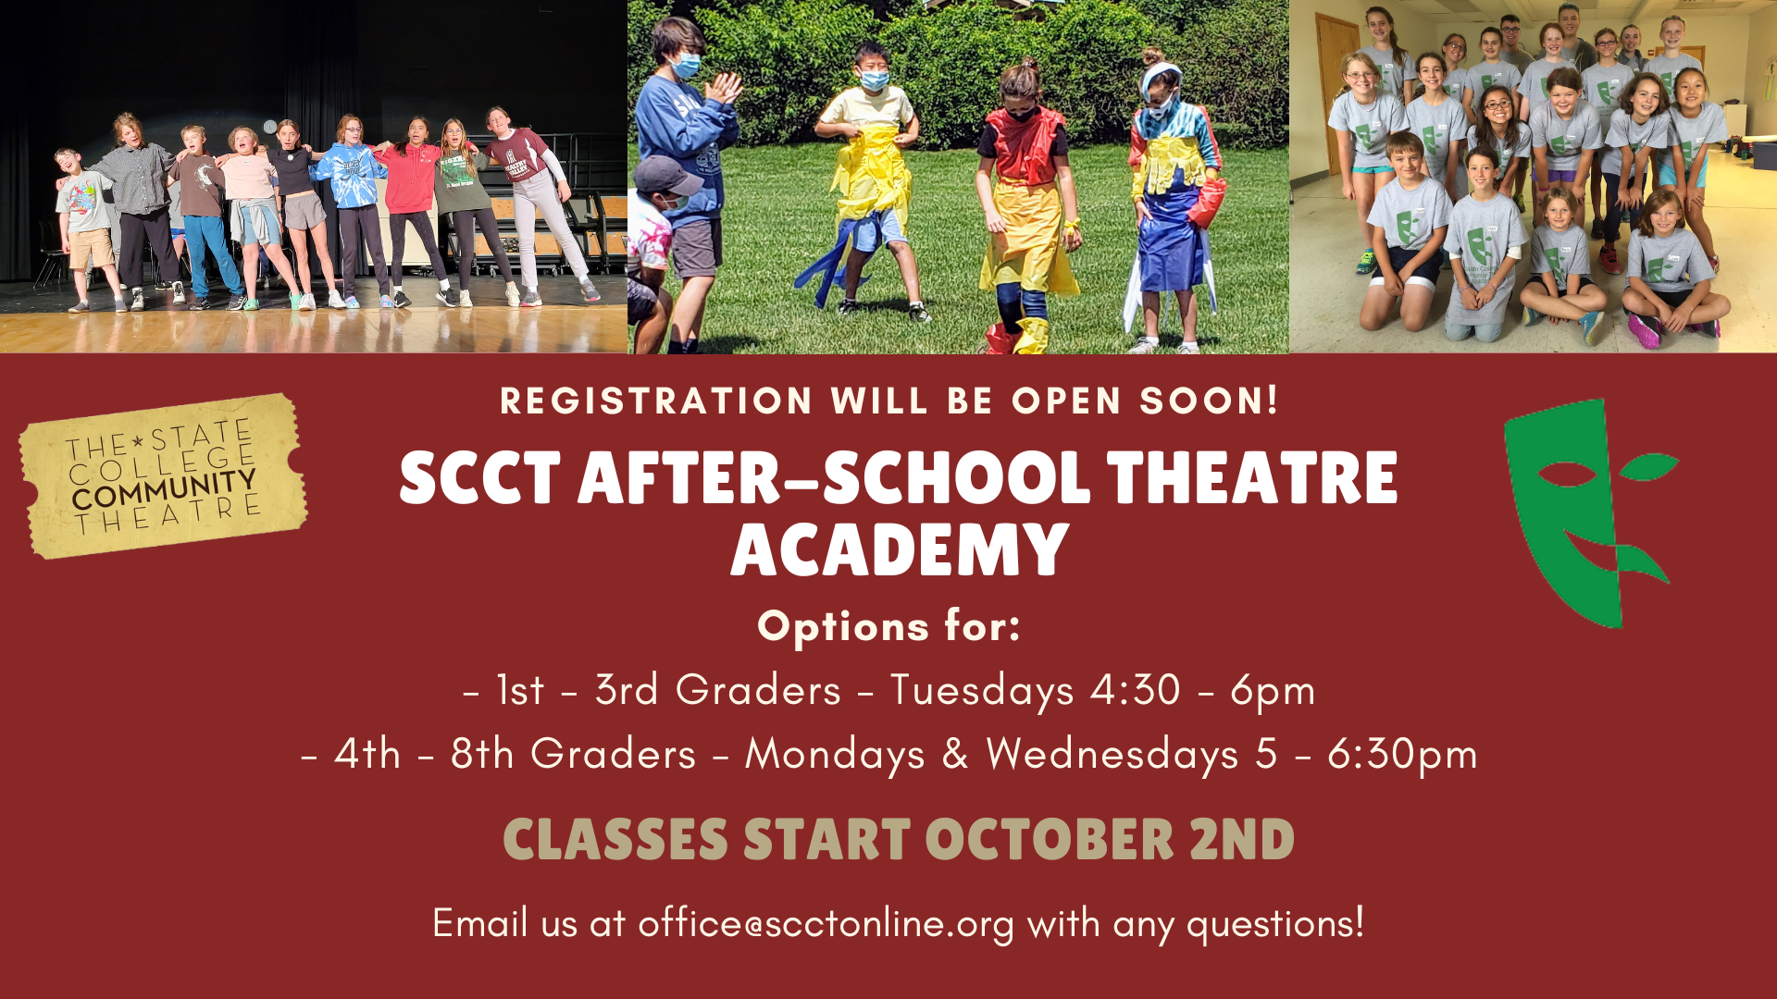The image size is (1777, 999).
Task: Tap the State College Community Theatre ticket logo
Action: [164, 475]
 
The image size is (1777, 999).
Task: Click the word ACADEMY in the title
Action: [900, 550]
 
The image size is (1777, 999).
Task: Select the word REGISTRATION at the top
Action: [656, 401]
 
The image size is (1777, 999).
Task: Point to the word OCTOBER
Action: [1050, 840]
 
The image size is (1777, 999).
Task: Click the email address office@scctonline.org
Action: [826, 924]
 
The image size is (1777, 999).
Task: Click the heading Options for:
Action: [889, 626]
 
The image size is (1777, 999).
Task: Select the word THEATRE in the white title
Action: [1252, 478]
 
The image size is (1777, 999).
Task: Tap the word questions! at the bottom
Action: [1275, 924]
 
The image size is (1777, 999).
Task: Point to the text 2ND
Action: [1242, 840]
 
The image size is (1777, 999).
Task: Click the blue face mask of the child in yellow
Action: [874, 80]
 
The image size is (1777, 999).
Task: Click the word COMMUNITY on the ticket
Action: [164, 489]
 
